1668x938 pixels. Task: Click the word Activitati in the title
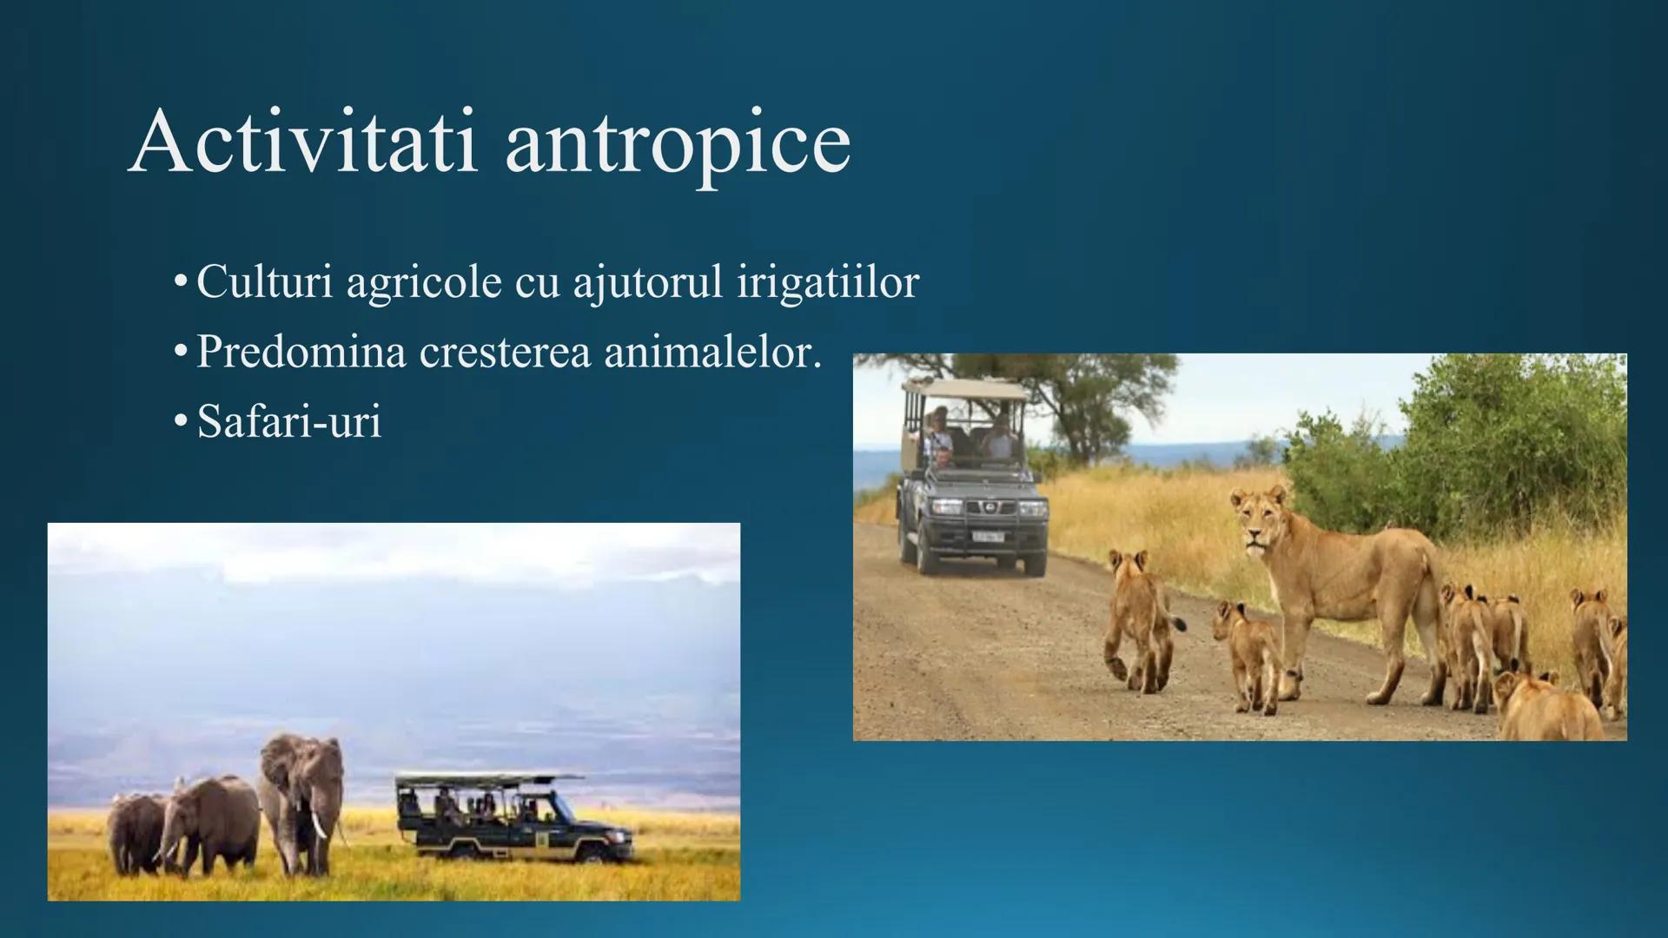click(x=303, y=141)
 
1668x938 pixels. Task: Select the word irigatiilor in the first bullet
click(x=828, y=283)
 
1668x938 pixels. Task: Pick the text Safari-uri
click(x=289, y=421)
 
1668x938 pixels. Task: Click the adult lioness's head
click(x=1258, y=518)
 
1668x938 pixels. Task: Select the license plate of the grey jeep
click(x=987, y=536)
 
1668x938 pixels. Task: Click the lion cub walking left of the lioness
click(x=1140, y=620)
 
